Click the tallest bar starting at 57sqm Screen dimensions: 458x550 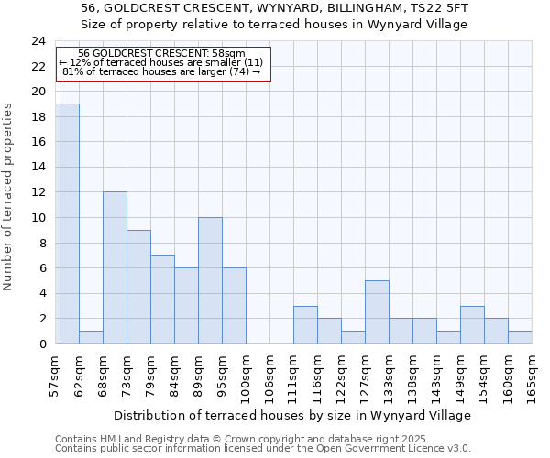pos(67,224)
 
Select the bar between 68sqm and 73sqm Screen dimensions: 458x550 pos(115,267)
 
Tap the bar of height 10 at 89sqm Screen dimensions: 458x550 pos(210,280)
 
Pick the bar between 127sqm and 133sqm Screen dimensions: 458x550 pos(377,311)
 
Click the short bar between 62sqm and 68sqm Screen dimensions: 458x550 pos(91,337)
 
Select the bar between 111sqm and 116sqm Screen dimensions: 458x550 pos(305,324)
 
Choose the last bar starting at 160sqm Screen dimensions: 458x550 pos(520,337)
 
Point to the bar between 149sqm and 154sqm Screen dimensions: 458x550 pos(472,324)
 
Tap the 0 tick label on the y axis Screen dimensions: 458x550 pos(41,343)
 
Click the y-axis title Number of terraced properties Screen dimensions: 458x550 pos(8,197)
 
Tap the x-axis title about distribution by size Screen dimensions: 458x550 pos(293,415)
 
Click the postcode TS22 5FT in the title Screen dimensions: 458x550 pos(439,7)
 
